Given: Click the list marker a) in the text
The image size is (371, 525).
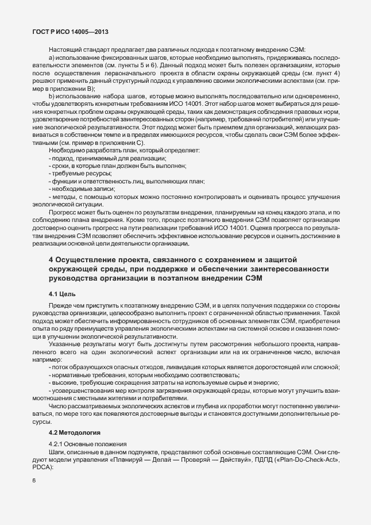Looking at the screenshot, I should (52, 58).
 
